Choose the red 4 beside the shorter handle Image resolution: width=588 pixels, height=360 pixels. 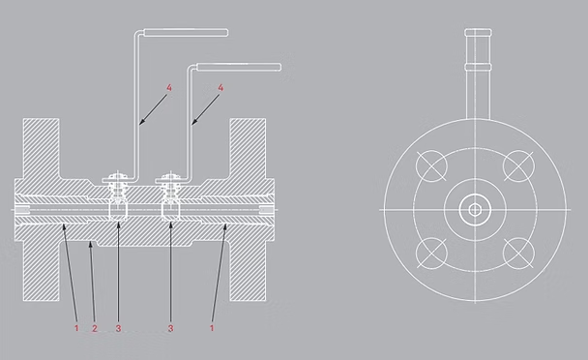221,89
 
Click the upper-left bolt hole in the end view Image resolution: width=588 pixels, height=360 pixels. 432,166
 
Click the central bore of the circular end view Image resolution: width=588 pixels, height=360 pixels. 475,209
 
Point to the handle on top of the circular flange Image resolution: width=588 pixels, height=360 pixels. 476,68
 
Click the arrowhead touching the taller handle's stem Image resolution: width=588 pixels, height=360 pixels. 141,124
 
